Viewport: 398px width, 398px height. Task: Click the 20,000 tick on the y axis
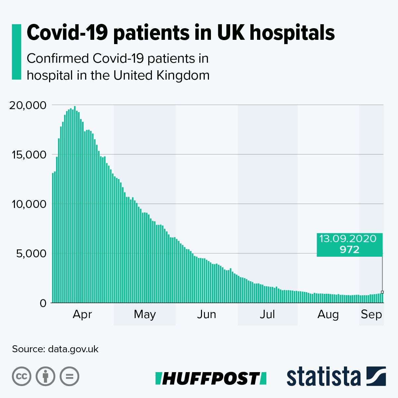28,105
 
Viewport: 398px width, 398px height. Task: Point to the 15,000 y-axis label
28,155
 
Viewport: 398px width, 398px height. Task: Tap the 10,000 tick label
28,204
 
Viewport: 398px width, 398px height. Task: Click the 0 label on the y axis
43,303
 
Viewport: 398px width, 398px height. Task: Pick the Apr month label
82,314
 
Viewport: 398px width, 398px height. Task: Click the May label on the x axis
145,314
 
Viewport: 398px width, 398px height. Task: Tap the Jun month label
206,314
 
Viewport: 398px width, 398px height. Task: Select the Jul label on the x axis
267,314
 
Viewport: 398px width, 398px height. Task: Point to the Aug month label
328,314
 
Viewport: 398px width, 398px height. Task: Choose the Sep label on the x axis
371,314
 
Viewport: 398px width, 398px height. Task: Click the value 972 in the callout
349,249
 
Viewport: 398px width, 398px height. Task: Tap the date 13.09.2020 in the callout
348,239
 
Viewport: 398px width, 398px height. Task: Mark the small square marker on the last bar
382,292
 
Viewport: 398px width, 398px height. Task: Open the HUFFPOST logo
211,378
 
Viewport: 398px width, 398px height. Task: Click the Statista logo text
323,377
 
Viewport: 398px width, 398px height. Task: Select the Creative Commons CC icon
22,376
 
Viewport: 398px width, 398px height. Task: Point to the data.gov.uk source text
73,349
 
